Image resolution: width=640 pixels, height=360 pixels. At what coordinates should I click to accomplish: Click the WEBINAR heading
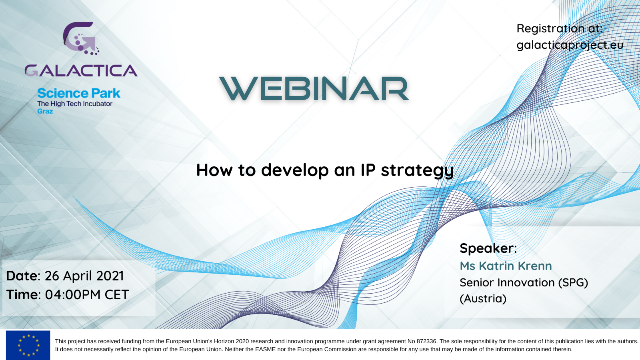pyautogui.click(x=314, y=88)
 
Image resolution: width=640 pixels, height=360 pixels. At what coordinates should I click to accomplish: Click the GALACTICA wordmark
pyautogui.click(x=81, y=70)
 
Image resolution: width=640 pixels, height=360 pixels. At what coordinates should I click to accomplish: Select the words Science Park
pyautogui.click(x=79, y=93)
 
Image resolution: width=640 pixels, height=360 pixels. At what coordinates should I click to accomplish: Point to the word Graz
pyautogui.click(x=45, y=111)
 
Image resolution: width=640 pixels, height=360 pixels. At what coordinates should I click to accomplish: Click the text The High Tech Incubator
pyautogui.click(x=75, y=104)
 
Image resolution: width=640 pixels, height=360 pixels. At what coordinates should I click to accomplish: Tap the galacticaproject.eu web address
pyautogui.click(x=570, y=45)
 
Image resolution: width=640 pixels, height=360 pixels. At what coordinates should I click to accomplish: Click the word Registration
pyautogui.click(x=550, y=28)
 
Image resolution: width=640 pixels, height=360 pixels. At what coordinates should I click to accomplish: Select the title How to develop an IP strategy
pyautogui.click(x=325, y=170)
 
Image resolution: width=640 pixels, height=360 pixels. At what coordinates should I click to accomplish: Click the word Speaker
pyautogui.click(x=486, y=248)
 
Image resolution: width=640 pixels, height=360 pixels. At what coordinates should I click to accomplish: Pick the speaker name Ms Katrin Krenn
pyautogui.click(x=506, y=266)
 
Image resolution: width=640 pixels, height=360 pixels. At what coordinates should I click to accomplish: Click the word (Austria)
pyautogui.click(x=483, y=298)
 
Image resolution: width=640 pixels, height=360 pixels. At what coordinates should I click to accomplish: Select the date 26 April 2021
pyautogui.click(x=84, y=276)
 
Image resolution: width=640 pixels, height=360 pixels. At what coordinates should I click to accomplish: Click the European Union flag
pyautogui.click(x=28, y=345)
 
